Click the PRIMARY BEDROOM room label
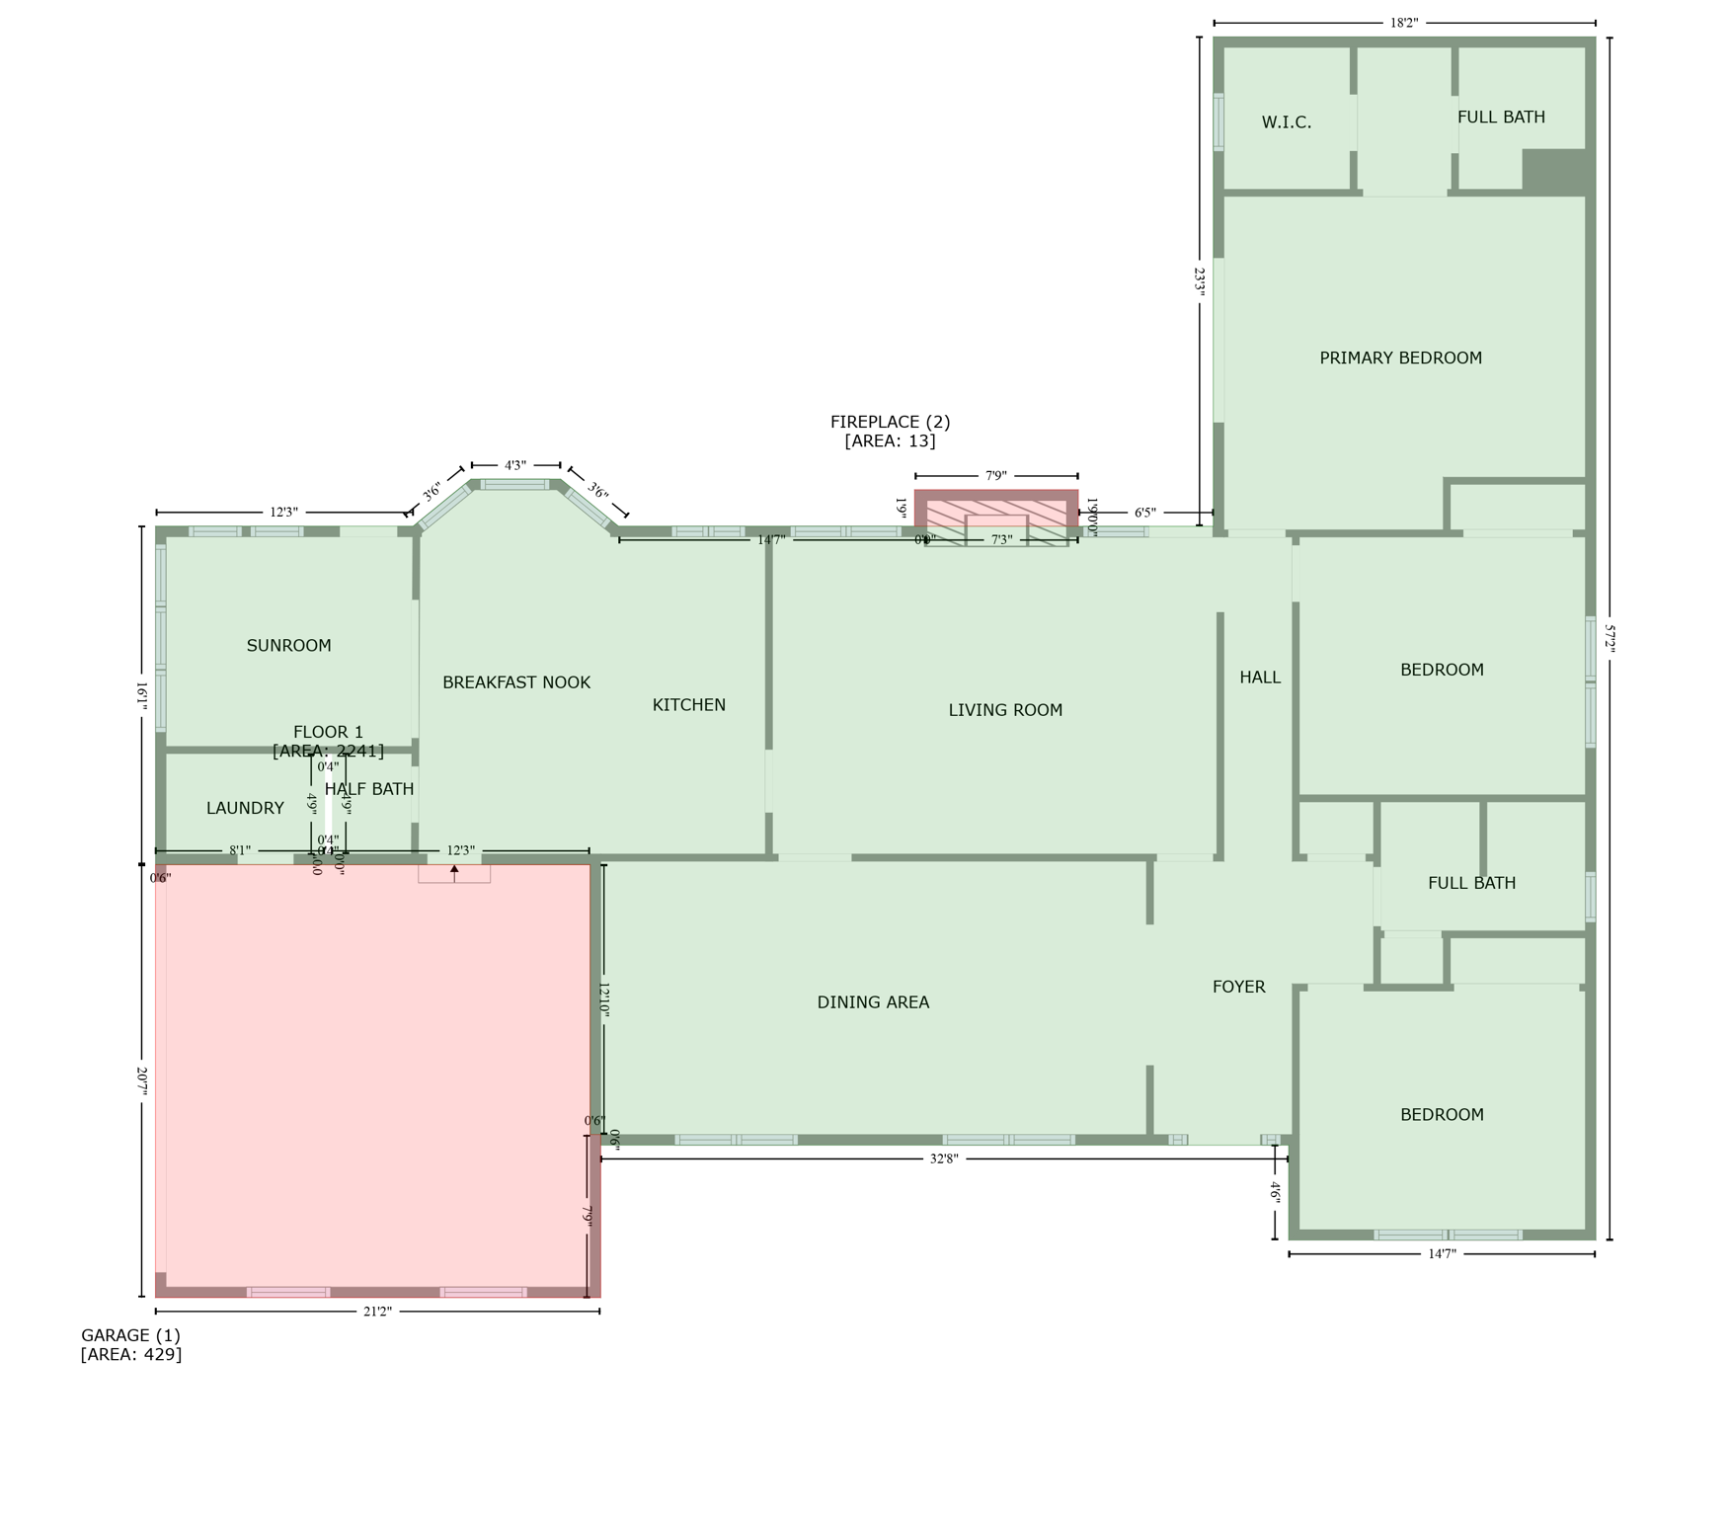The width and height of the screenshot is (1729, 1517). click(1400, 358)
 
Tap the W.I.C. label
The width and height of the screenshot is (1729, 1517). click(1286, 122)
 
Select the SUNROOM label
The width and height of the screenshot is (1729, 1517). click(288, 645)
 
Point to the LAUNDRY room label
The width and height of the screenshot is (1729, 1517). click(245, 808)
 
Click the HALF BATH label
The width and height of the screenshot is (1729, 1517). click(369, 789)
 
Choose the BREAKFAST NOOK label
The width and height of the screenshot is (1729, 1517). click(515, 682)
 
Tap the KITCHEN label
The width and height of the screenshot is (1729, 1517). click(688, 705)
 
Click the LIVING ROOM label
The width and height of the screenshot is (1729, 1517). click(1005, 710)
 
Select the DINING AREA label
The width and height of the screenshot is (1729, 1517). click(873, 1002)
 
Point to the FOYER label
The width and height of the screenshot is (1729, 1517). click(1238, 987)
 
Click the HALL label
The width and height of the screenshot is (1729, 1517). click(1259, 678)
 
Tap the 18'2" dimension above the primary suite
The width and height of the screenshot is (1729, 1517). click(1403, 23)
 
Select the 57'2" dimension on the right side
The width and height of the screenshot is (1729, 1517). click(1610, 638)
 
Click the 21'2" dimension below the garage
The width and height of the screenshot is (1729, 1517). click(377, 1312)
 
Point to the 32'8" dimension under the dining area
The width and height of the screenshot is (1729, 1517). click(943, 1158)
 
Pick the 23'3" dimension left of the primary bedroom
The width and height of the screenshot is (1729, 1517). click(1200, 281)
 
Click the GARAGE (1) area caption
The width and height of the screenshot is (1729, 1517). click(130, 1344)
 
